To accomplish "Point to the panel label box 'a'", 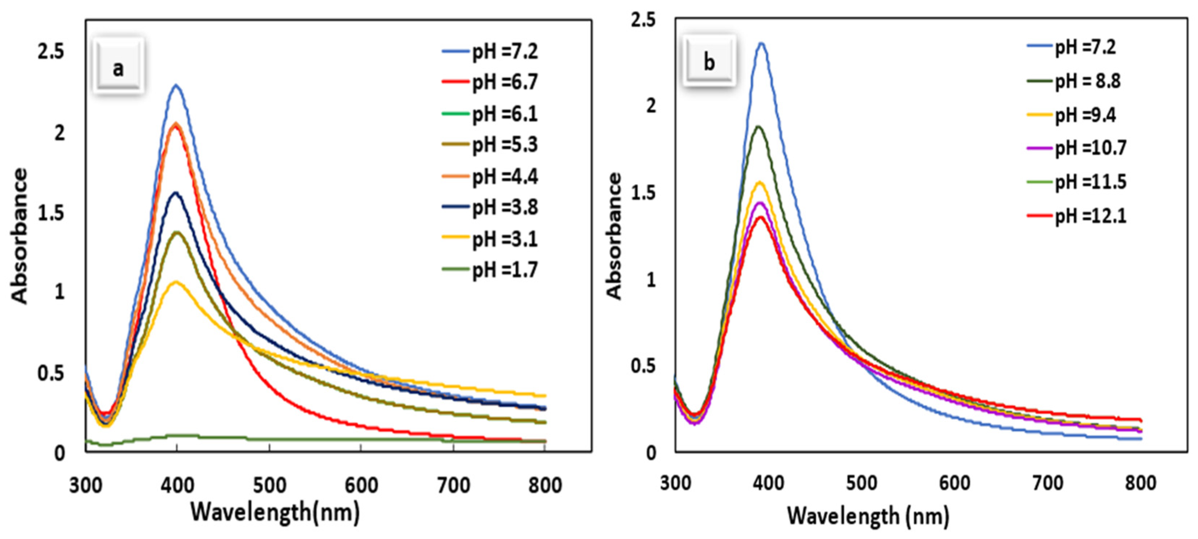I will pyautogui.click(x=119, y=68).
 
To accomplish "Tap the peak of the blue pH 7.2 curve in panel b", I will pyautogui.click(x=761, y=43).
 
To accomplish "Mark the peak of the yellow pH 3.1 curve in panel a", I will pyautogui.click(x=176, y=282).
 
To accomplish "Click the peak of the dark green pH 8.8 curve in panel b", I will pyautogui.click(x=758, y=126).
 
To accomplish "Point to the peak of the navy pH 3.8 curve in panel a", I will pyautogui.click(x=176, y=192).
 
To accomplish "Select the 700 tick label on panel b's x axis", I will pyautogui.click(x=1047, y=483).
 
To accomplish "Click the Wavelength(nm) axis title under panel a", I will pyautogui.click(x=275, y=513).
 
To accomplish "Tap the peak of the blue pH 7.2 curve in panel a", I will pyautogui.click(x=176, y=85).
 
